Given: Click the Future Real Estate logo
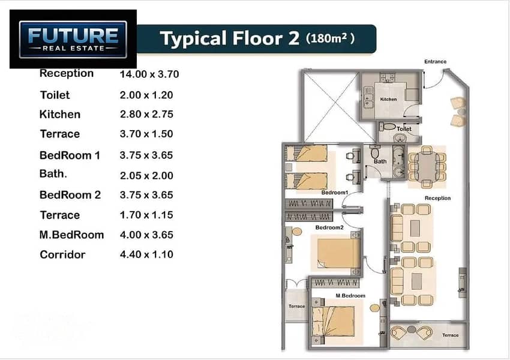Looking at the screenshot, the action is (x=73, y=40).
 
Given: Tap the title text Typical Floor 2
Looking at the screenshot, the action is (x=229, y=38).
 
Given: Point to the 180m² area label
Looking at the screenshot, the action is (x=330, y=38).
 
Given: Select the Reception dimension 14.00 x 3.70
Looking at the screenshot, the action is (x=149, y=74).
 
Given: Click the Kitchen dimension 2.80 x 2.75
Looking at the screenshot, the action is (x=146, y=114).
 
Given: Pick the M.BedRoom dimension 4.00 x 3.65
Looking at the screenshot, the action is (x=146, y=235).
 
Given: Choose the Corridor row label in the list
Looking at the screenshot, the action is (x=62, y=254).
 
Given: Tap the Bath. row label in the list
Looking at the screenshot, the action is (x=53, y=173).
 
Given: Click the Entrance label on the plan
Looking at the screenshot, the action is (x=435, y=61).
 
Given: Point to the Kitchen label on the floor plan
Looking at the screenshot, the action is (x=388, y=99).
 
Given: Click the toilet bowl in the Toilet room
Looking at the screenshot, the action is (x=388, y=126).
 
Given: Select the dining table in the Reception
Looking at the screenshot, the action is (x=427, y=167).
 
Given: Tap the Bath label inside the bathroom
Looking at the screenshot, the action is (x=380, y=161).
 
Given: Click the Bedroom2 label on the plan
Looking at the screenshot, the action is (x=329, y=227).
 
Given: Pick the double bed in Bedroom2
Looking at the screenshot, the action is (x=338, y=253).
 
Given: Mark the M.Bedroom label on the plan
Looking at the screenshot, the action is (x=350, y=296).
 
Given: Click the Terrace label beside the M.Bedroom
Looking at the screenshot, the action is (x=296, y=306).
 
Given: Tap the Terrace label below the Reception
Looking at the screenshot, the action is (x=450, y=335).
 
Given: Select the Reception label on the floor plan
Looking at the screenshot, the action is (x=437, y=198).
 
